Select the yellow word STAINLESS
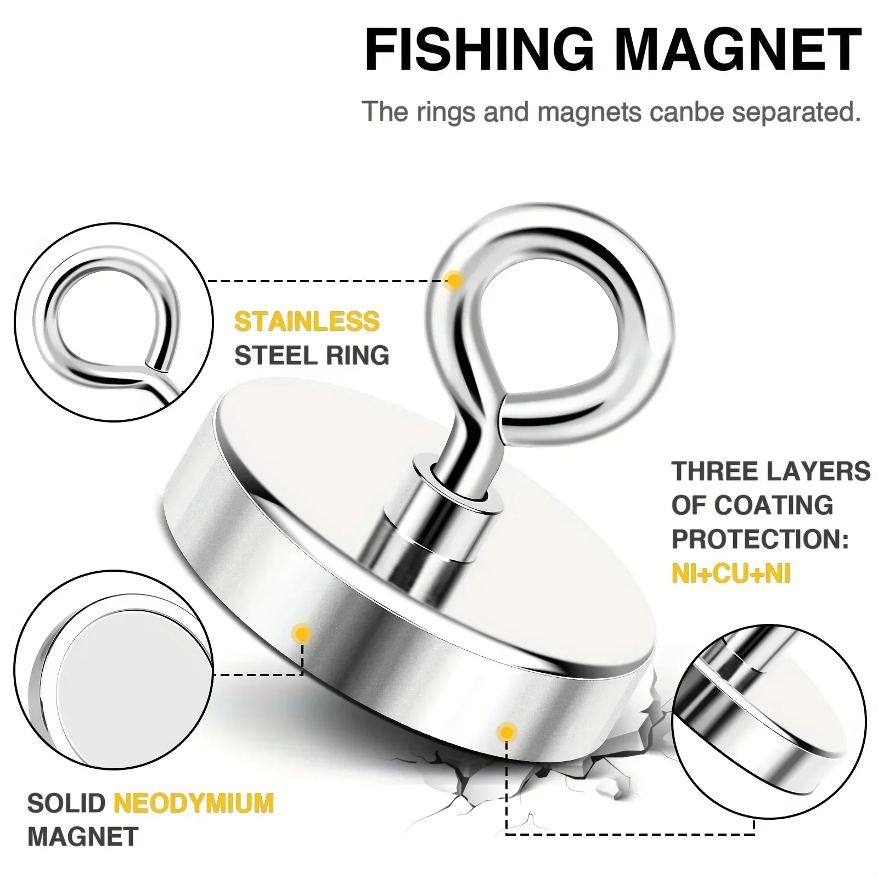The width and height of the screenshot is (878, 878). pyautogui.click(x=307, y=322)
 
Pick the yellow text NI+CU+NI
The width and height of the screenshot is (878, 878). pyautogui.click(x=731, y=574)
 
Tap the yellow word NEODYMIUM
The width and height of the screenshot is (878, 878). pyautogui.click(x=194, y=803)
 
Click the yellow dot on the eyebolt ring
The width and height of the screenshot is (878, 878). pyautogui.click(x=454, y=280)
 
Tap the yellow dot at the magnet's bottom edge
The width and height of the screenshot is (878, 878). pyautogui.click(x=506, y=732)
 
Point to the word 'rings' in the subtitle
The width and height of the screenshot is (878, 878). pyautogui.click(x=445, y=112)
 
